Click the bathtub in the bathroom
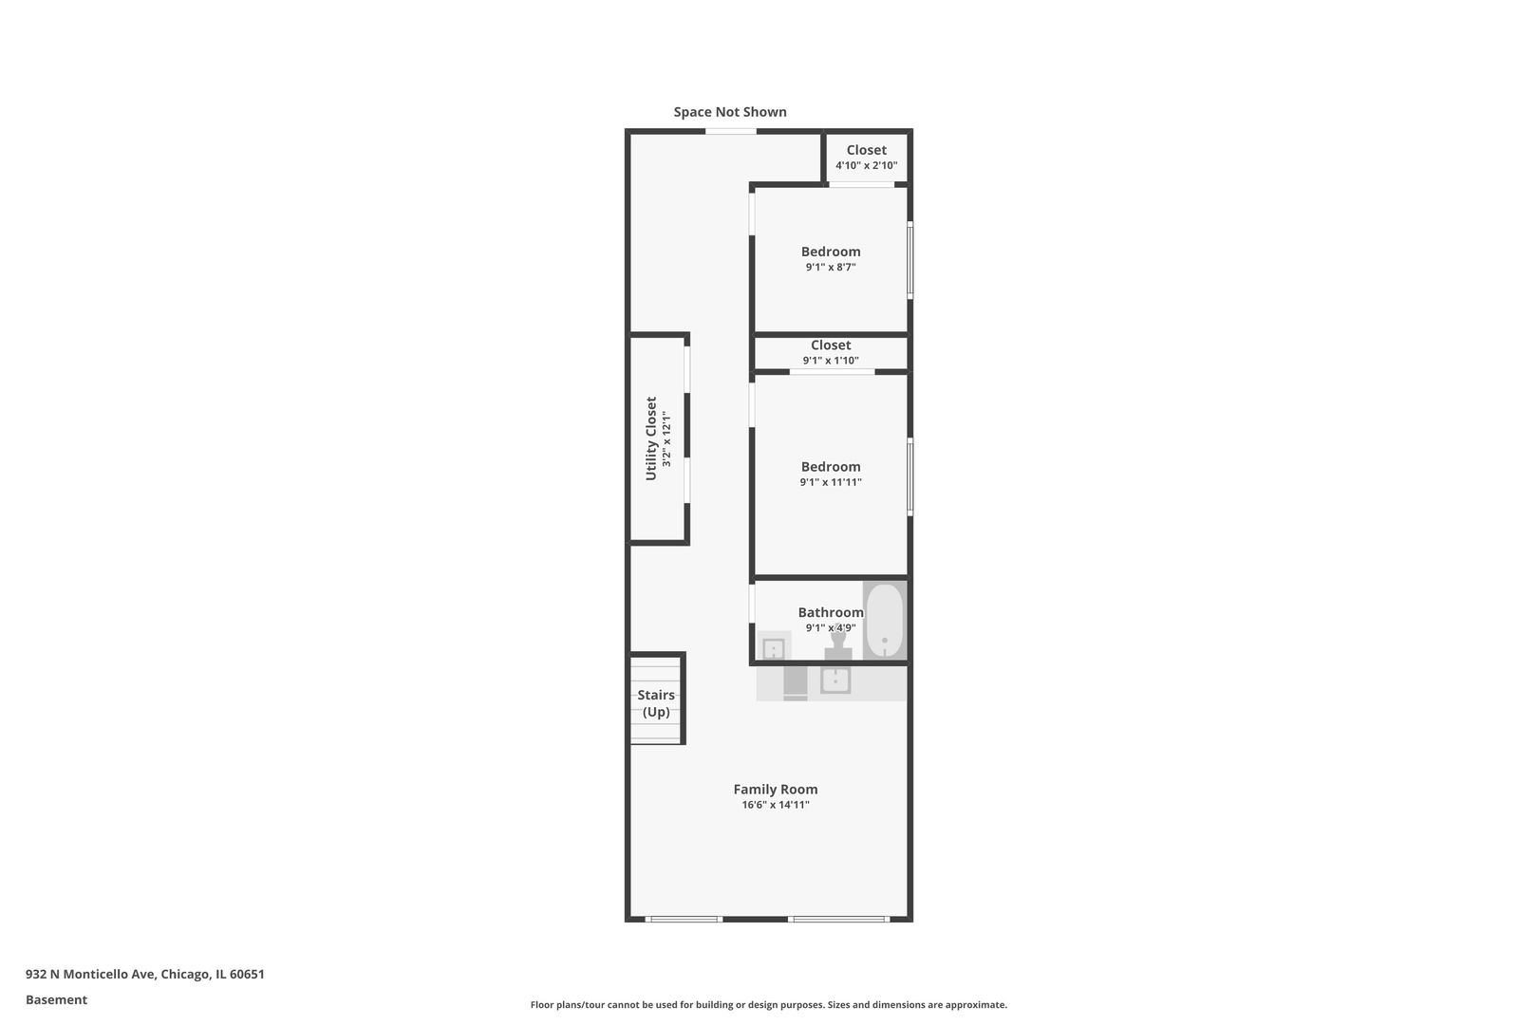pos(885,621)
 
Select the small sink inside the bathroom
pos(774,648)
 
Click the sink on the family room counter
pos(835,680)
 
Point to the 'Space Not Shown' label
pos(730,112)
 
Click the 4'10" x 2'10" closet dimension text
pos(867,165)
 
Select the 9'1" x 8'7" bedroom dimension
pos(831,267)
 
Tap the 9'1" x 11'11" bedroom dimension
pos(831,482)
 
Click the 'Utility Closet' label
pos(651,438)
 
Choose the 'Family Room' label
pos(776,790)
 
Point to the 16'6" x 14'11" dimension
pos(776,805)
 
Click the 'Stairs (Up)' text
pos(656,703)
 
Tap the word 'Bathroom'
pos(831,612)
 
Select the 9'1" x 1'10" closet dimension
pos(831,361)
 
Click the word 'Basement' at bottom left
pos(56,999)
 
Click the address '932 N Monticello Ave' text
pos(90,974)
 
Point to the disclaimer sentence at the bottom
pos(768,1004)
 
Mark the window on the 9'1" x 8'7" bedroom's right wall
pos(910,259)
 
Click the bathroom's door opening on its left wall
pos(752,603)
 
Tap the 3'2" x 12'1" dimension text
pos(666,438)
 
